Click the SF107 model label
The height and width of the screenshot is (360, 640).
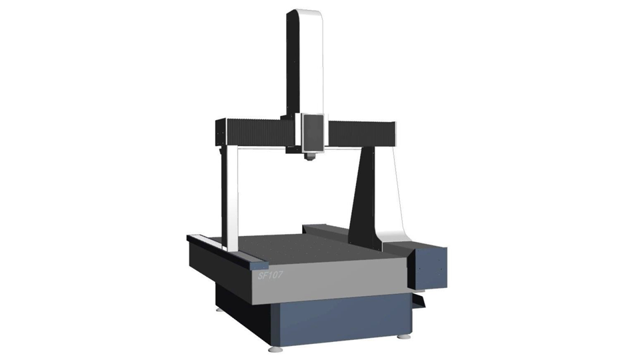(x=270, y=275)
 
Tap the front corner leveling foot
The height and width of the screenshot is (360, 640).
(x=274, y=349)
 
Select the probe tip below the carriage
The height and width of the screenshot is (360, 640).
(x=311, y=157)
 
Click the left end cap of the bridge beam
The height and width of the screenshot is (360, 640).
(x=221, y=132)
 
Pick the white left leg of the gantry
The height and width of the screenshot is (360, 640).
(x=231, y=199)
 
